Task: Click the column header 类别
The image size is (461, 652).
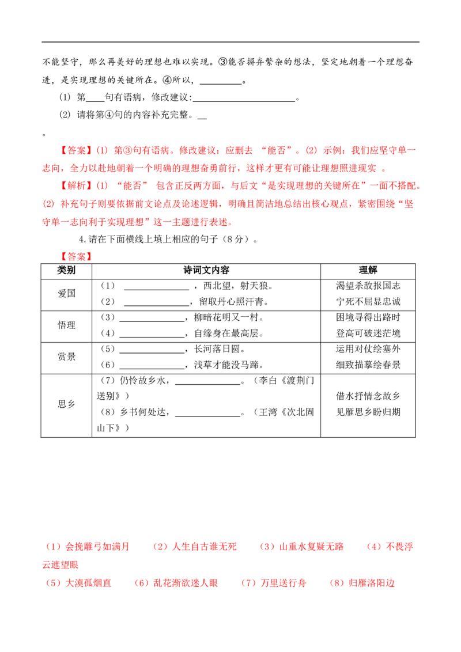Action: (x=66, y=270)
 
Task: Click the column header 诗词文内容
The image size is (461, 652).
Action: (x=206, y=270)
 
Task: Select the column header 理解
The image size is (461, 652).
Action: (x=368, y=270)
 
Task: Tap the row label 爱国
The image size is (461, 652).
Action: (x=67, y=294)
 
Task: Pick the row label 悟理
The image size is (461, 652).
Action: (x=67, y=325)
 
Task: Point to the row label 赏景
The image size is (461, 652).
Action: (x=67, y=357)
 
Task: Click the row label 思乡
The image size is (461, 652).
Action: (x=67, y=404)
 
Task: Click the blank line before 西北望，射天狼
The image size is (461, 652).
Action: (x=156, y=289)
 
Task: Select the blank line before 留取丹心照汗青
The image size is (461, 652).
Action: (x=156, y=305)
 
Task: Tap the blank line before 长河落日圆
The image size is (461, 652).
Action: (x=152, y=352)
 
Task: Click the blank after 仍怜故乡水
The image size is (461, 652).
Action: (x=208, y=384)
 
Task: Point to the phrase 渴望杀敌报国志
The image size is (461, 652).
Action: (x=368, y=286)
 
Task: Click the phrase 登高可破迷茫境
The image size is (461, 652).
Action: (x=368, y=333)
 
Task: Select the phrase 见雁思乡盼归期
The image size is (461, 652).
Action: (x=368, y=412)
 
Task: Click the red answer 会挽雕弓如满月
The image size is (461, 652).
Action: (x=98, y=547)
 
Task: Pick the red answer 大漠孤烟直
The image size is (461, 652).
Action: (x=89, y=583)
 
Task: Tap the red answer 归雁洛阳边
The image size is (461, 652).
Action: (x=372, y=583)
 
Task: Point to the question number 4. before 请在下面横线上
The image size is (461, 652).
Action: (x=82, y=240)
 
